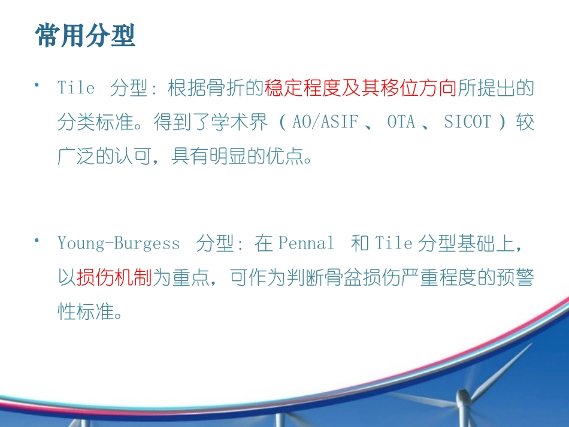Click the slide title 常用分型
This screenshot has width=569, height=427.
(x=86, y=35)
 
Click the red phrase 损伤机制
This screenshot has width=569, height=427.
(x=114, y=278)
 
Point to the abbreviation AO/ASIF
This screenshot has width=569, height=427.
(x=325, y=123)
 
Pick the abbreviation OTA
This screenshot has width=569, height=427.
(x=401, y=123)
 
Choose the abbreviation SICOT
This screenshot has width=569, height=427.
(x=467, y=123)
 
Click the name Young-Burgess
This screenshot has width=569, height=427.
(x=119, y=244)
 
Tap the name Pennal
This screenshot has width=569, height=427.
(x=306, y=244)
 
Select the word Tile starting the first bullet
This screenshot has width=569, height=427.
(x=76, y=88)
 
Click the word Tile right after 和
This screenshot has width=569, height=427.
(x=394, y=244)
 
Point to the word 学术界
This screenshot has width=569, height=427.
(x=248, y=123)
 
